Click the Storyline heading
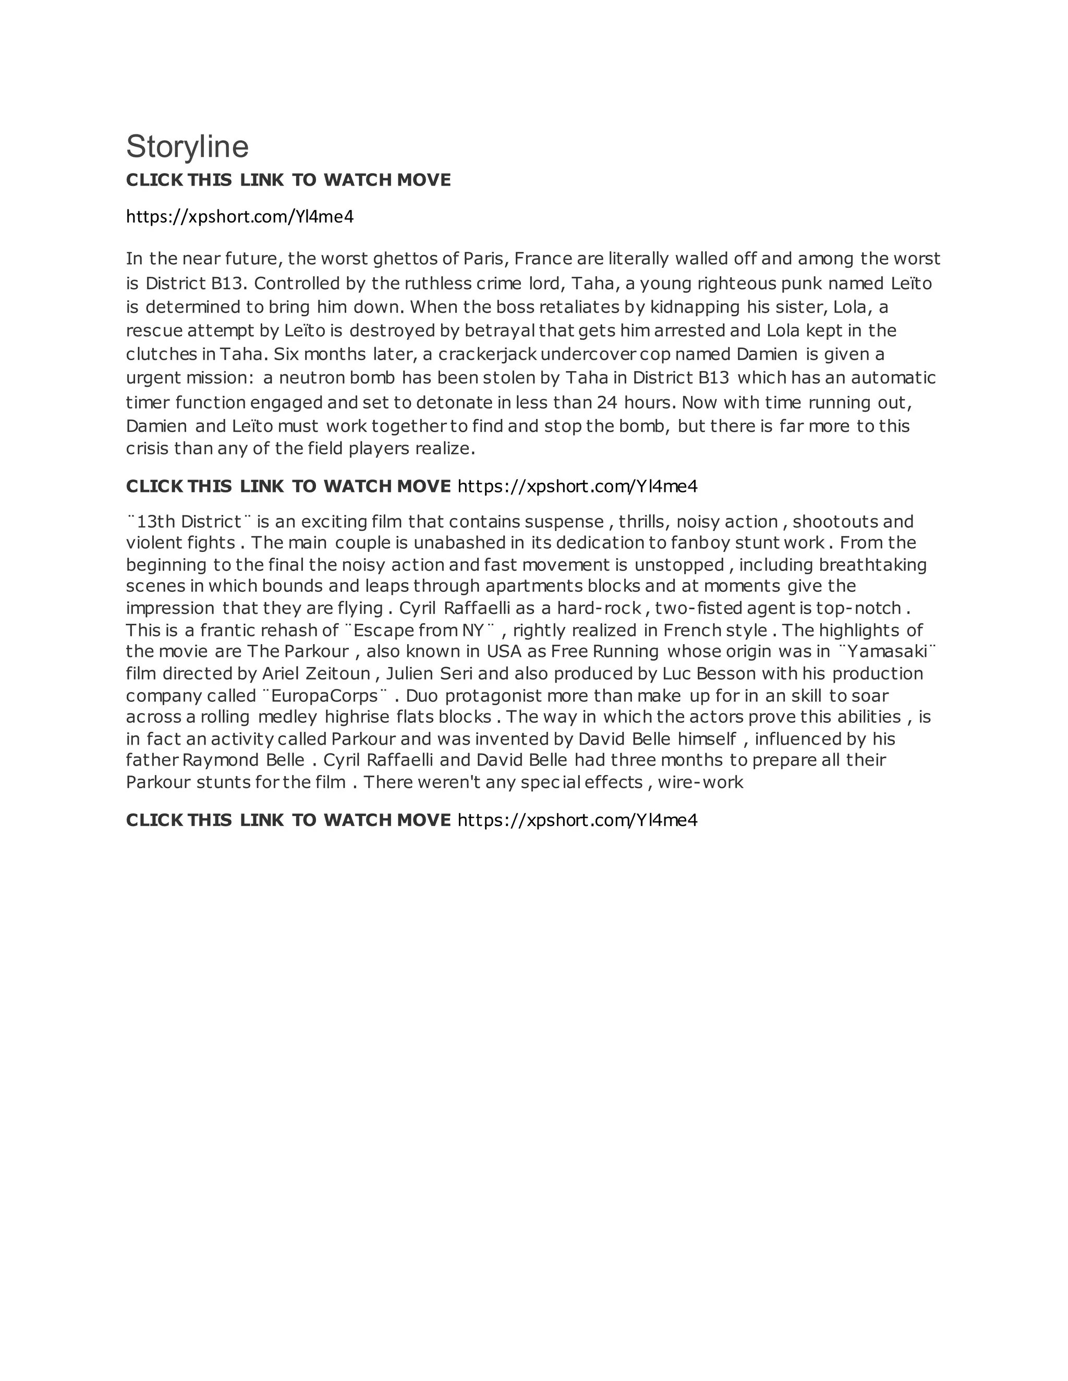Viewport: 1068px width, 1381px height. pos(187,147)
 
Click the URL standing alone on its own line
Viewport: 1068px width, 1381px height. pos(240,217)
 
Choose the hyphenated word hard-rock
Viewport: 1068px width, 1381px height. pos(599,608)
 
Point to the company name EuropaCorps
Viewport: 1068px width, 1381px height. pos(324,696)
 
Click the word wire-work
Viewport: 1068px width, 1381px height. pos(700,783)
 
